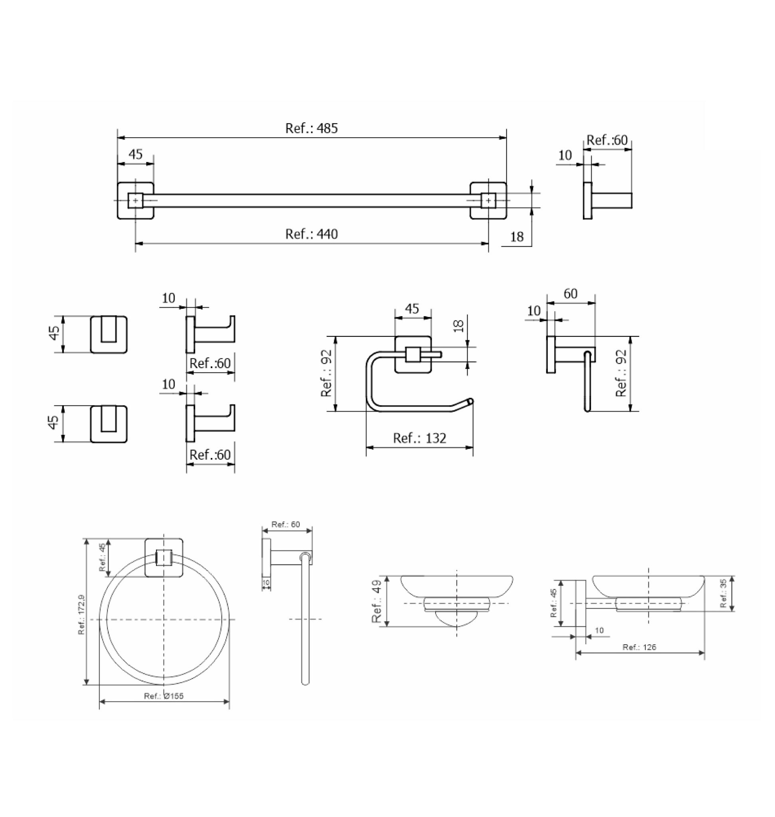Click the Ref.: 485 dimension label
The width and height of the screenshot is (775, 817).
coord(311,128)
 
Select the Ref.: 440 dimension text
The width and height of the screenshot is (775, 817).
coord(311,234)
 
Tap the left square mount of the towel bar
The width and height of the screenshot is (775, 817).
coord(135,201)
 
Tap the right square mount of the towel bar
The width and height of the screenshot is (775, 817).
coord(488,201)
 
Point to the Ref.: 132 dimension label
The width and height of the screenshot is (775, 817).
coord(420,438)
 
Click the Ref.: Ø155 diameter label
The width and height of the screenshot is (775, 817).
coord(164,696)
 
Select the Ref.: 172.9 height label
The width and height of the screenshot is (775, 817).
coord(81,614)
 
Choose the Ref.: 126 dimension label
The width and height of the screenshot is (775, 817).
coord(639,647)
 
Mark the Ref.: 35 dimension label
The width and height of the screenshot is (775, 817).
coord(723,593)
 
